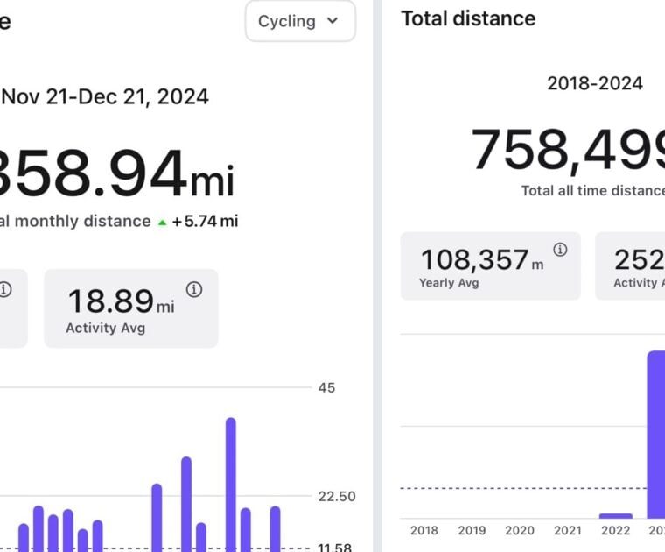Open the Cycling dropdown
pos(299,21)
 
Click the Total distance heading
pos(468,18)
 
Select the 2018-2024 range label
pos(595,83)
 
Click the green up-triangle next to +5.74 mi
pos(162,223)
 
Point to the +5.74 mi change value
pos(205,221)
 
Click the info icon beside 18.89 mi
pos(194,290)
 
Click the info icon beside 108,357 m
pos(560,250)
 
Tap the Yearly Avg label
pos(448,283)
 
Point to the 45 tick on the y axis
pos(325,387)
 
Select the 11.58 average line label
pos(334,548)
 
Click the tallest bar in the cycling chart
pos(231,482)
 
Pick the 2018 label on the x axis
pos(424,530)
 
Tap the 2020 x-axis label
pos(520,530)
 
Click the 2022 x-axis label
pos(615,530)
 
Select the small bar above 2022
pos(615,515)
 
